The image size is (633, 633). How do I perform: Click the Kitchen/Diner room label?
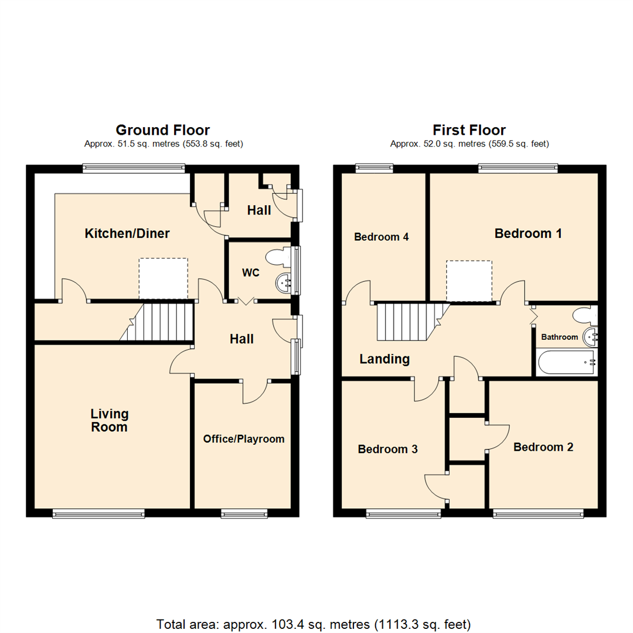click(127, 234)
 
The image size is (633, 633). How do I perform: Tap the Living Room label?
click(109, 420)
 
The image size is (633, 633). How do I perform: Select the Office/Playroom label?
click(243, 439)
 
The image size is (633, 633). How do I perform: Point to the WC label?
click(251, 273)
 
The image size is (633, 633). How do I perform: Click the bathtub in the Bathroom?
click(565, 362)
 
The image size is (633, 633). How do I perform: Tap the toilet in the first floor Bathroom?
click(584, 315)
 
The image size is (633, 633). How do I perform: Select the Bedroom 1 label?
click(528, 234)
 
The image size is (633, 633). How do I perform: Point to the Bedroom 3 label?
click(387, 450)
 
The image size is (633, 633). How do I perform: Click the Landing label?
click(384, 359)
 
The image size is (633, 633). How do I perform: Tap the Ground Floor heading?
click(162, 130)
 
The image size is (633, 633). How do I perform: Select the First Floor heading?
click(469, 130)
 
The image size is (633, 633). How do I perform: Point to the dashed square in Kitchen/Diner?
click(163, 278)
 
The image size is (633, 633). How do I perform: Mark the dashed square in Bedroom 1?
click(469, 281)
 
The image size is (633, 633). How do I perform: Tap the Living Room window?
click(98, 514)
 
